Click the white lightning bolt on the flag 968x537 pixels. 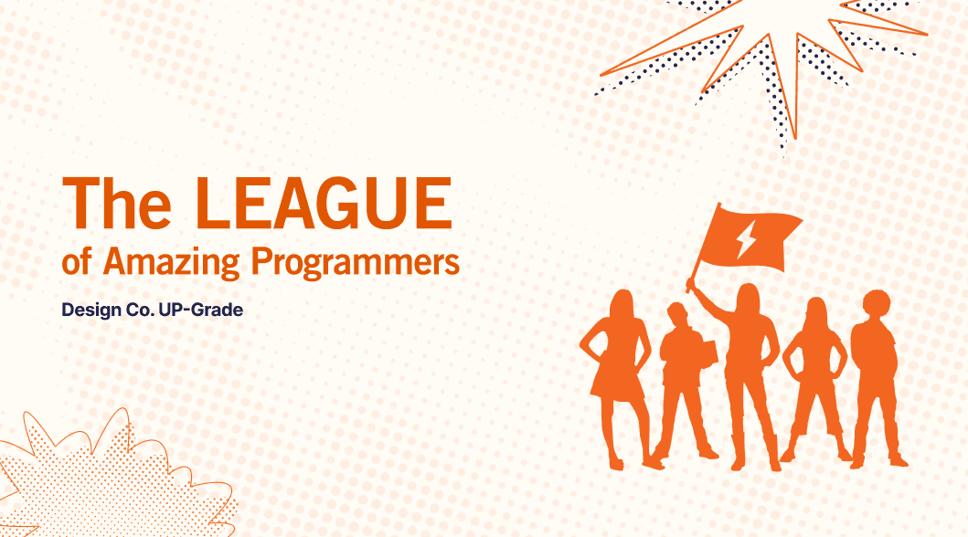[747, 239]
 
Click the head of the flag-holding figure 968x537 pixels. [748, 299]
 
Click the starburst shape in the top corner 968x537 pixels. [777, 55]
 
